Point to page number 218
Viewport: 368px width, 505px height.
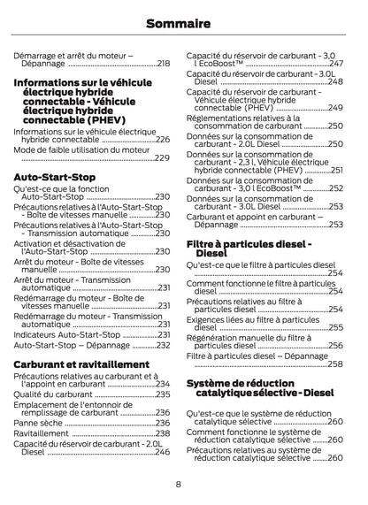[164, 64]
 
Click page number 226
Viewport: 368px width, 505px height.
[163, 140]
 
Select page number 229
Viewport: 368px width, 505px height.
[163, 158]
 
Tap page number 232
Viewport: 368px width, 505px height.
[163, 346]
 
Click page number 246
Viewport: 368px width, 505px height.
[163, 452]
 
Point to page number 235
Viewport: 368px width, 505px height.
[163, 394]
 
